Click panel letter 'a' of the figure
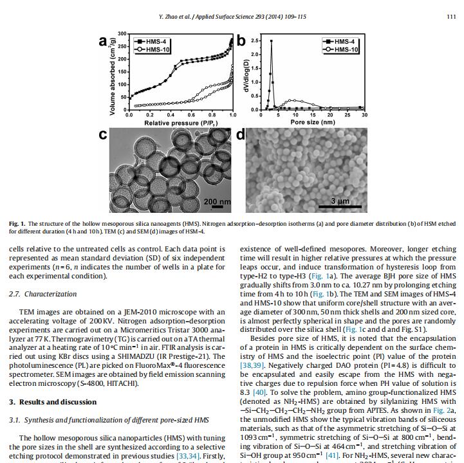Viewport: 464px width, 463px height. (104, 41)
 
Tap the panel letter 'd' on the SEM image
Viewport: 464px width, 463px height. (241, 135)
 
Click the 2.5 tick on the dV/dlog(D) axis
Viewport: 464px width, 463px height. (255, 41)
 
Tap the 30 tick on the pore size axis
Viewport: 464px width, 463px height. (364, 115)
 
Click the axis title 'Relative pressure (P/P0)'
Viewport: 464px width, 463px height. (180, 122)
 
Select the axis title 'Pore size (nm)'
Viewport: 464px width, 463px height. (312, 122)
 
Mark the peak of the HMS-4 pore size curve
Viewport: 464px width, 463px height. (271, 41)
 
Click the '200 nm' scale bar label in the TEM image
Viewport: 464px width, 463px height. (216, 201)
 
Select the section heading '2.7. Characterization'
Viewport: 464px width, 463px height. (42, 294)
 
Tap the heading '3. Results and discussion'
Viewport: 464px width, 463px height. (53, 402)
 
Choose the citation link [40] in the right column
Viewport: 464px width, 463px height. (259, 391)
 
